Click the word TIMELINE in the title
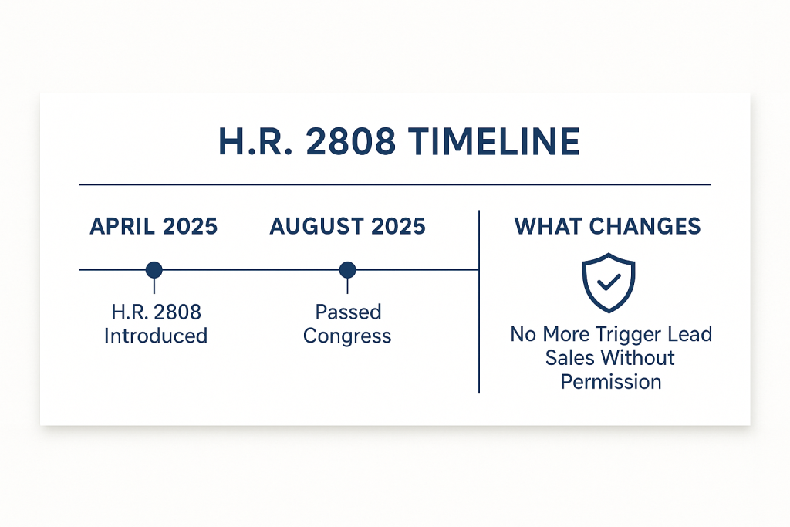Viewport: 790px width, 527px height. coord(494,141)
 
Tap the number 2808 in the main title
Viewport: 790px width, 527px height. coord(351,141)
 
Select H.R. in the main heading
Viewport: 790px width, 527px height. coord(256,141)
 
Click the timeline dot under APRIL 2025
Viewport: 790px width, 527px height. coord(154,270)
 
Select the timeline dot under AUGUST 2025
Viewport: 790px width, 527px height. coord(348,270)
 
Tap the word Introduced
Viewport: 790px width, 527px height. coord(156,336)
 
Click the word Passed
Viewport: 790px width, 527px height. coord(348,312)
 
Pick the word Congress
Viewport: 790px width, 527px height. coord(347,336)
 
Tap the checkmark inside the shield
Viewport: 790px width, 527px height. coord(609,282)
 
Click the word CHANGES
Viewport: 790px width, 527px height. coord(645,226)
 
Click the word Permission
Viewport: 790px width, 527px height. coord(611,382)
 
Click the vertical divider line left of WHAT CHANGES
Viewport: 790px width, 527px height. coord(479,301)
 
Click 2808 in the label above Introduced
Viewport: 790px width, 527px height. coord(178,312)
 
